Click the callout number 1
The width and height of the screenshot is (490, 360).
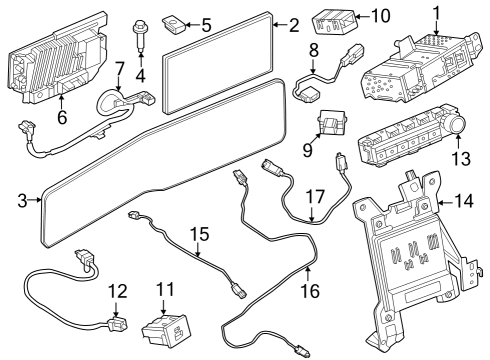click(x=436, y=14)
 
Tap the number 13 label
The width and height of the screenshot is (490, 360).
click(x=461, y=158)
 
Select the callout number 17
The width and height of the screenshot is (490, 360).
click(x=315, y=197)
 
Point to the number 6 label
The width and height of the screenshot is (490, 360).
click(x=62, y=117)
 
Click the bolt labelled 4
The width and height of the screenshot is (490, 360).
click(x=140, y=36)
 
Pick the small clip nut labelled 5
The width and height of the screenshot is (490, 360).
click(x=174, y=25)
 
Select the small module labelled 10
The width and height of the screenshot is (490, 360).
click(x=334, y=20)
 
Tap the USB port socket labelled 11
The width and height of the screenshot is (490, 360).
click(x=166, y=329)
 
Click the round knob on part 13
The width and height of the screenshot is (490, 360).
click(x=458, y=126)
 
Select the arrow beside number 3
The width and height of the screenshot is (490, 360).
click(x=34, y=200)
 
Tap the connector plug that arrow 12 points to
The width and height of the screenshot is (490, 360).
click(x=117, y=324)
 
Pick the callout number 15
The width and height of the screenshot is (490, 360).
click(x=200, y=234)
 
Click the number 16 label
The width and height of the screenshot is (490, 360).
click(x=310, y=291)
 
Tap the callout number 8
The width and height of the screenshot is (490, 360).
click(x=314, y=50)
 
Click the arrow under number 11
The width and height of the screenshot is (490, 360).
click(x=163, y=306)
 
